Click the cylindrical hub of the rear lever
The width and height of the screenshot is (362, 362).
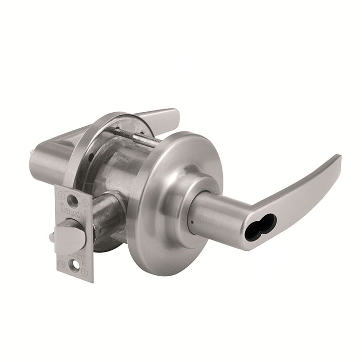(47, 163)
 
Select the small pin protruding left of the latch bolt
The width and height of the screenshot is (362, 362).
(52, 238)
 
